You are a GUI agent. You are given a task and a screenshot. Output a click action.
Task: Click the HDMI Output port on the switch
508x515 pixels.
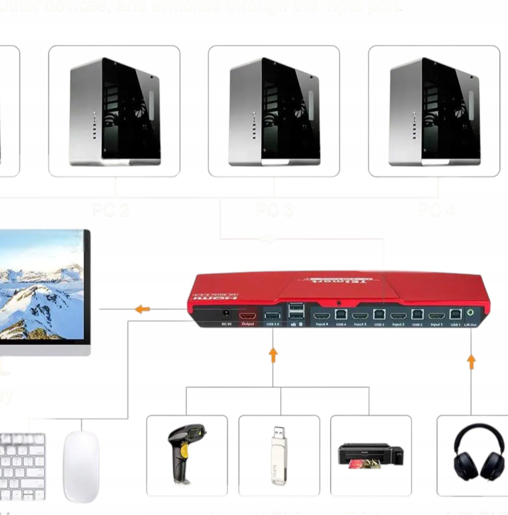247,316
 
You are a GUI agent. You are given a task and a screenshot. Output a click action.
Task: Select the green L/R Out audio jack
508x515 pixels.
470,313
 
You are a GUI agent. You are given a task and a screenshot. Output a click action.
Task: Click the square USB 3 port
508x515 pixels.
379,315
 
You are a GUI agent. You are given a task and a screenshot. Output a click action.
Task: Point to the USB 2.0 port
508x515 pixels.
272,316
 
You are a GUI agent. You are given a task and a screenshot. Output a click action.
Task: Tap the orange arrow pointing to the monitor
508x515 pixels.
142,309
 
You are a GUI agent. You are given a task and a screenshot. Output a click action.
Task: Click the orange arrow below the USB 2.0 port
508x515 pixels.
273,355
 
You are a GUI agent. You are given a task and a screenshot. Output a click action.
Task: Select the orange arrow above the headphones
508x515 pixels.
471,362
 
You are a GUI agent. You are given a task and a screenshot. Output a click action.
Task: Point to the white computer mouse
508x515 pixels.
81,466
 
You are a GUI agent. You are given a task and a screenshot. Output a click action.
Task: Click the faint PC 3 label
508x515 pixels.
274,210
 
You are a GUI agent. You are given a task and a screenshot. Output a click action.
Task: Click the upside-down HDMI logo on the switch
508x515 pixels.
215,296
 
